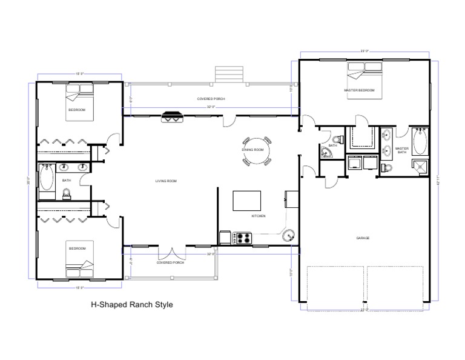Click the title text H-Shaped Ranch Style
131,305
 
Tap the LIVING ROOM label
165,181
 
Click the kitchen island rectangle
247,200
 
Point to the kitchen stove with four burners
243,238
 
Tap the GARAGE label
363,238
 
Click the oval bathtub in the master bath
420,143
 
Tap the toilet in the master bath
388,167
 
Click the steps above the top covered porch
228,75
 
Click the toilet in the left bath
67,193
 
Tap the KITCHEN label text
259,216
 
